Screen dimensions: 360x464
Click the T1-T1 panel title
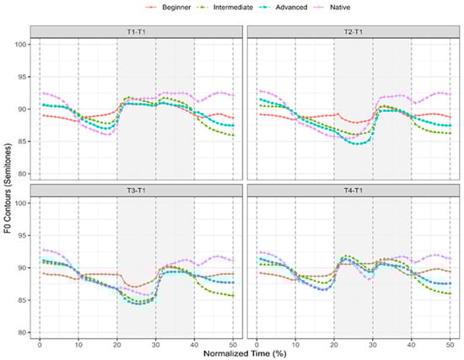(136, 32)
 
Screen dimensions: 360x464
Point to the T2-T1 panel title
(348, 32)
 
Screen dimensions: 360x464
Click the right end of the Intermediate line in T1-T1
(234, 136)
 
